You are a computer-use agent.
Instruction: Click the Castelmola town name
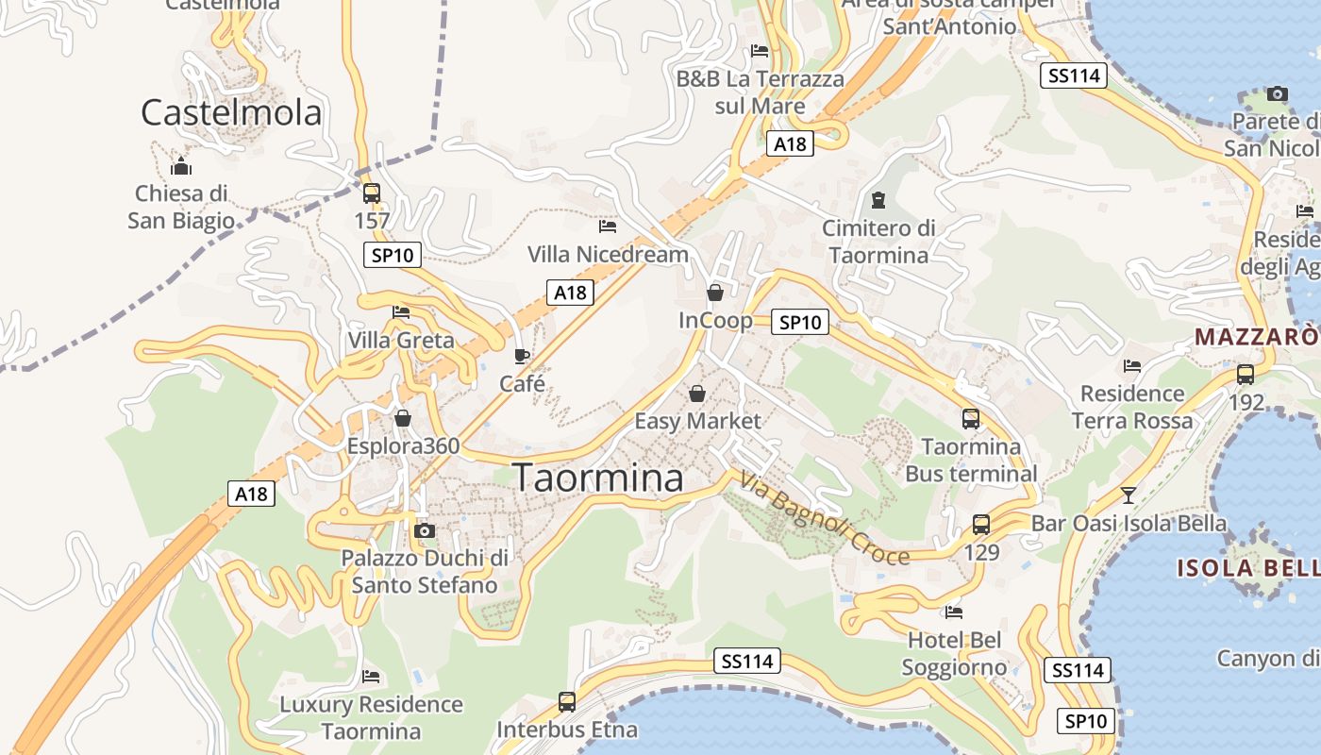231,112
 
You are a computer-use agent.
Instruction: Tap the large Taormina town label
598,478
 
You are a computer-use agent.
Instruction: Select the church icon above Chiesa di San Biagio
181,168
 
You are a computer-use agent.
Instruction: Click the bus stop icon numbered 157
372,193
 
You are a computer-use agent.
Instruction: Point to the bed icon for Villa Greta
401,312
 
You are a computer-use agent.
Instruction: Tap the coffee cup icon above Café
522,356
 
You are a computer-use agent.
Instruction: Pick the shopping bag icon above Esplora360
403,418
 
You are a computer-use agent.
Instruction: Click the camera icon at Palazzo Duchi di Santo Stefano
425,530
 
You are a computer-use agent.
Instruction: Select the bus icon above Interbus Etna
566,702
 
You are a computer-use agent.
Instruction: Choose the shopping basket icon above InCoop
715,293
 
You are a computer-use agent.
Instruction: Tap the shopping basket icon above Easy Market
697,393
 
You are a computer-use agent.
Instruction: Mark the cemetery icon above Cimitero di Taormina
878,200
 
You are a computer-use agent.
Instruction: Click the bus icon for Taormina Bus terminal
970,418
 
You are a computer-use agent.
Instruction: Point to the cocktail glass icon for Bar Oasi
1128,495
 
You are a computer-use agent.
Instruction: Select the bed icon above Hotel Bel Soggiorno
954,612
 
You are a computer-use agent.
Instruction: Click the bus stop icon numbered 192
1246,374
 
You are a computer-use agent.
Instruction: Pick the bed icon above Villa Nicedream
608,226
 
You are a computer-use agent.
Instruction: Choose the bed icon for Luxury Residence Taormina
371,677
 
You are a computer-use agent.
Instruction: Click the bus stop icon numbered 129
981,524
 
